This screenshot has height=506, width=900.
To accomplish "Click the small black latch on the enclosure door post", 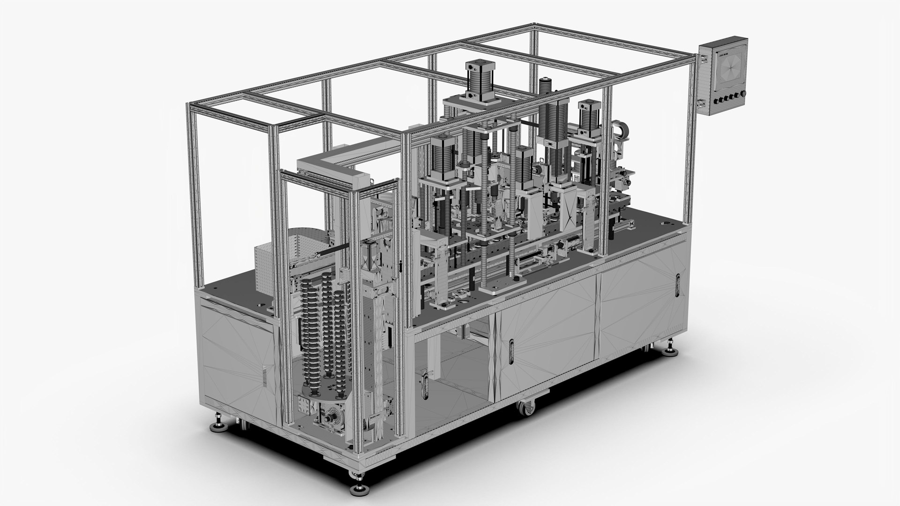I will pyautogui.click(x=401, y=266).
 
